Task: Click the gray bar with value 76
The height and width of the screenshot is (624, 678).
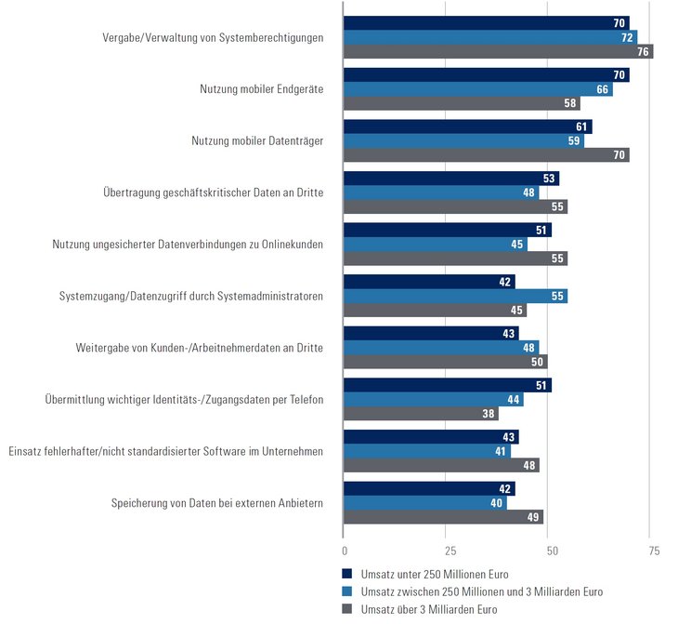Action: (498, 52)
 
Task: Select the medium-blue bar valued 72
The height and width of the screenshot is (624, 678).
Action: (489, 37)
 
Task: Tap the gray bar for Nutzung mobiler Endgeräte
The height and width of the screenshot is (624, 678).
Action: (462, 103)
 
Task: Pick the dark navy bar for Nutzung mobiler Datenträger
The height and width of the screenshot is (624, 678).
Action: (467, 126)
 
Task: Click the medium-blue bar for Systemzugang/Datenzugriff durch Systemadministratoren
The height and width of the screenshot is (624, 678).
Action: (455, 296)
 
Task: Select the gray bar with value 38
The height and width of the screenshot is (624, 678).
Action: (421, 414)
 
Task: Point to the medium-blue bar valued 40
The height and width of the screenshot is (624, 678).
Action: (424, 503)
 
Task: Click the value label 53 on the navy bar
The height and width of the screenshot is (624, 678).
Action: (550, 179)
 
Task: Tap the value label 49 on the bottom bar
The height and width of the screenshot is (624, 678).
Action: (534, 517)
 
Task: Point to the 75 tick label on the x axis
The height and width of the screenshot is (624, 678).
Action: (654, 551)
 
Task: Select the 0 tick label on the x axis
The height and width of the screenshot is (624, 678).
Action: (344, 551)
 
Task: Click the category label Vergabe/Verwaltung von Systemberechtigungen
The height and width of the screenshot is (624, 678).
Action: (213, 38)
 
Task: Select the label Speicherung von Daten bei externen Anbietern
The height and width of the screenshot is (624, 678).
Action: (216, 503)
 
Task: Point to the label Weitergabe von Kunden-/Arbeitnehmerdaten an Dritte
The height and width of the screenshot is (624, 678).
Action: (200, 348)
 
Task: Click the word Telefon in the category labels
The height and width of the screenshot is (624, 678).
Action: (303, 400)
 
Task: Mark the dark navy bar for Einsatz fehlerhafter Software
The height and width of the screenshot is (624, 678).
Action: (431, 436)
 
